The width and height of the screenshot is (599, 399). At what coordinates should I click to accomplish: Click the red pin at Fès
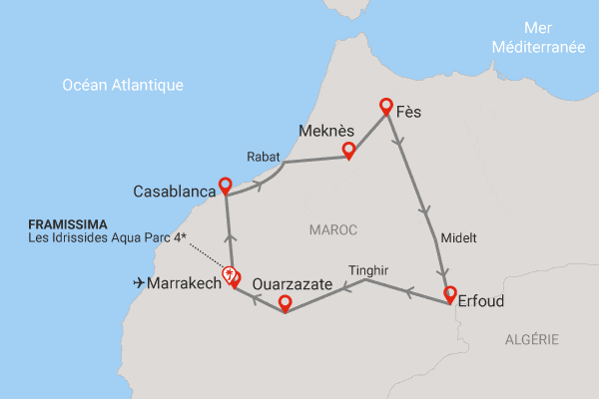click(385, 106)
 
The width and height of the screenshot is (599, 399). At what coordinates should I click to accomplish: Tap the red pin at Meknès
click(348, 150)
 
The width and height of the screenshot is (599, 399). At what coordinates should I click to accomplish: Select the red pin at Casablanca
click(226, 186)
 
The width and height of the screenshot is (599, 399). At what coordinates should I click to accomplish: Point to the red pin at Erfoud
click(450, 294)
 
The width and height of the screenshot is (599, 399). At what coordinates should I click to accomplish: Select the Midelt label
click(458, 238)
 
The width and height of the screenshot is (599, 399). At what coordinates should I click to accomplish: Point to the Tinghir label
click(369, 269)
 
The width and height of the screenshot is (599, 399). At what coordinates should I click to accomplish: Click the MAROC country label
click(331, 230)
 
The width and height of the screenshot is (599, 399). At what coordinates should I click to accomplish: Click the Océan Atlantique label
click(123, 85)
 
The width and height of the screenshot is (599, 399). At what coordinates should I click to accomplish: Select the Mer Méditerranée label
click(538, 57)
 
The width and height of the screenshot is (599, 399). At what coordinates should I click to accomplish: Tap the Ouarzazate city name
click(293, 284)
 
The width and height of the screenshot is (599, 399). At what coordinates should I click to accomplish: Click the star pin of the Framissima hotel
click(230, 273)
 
